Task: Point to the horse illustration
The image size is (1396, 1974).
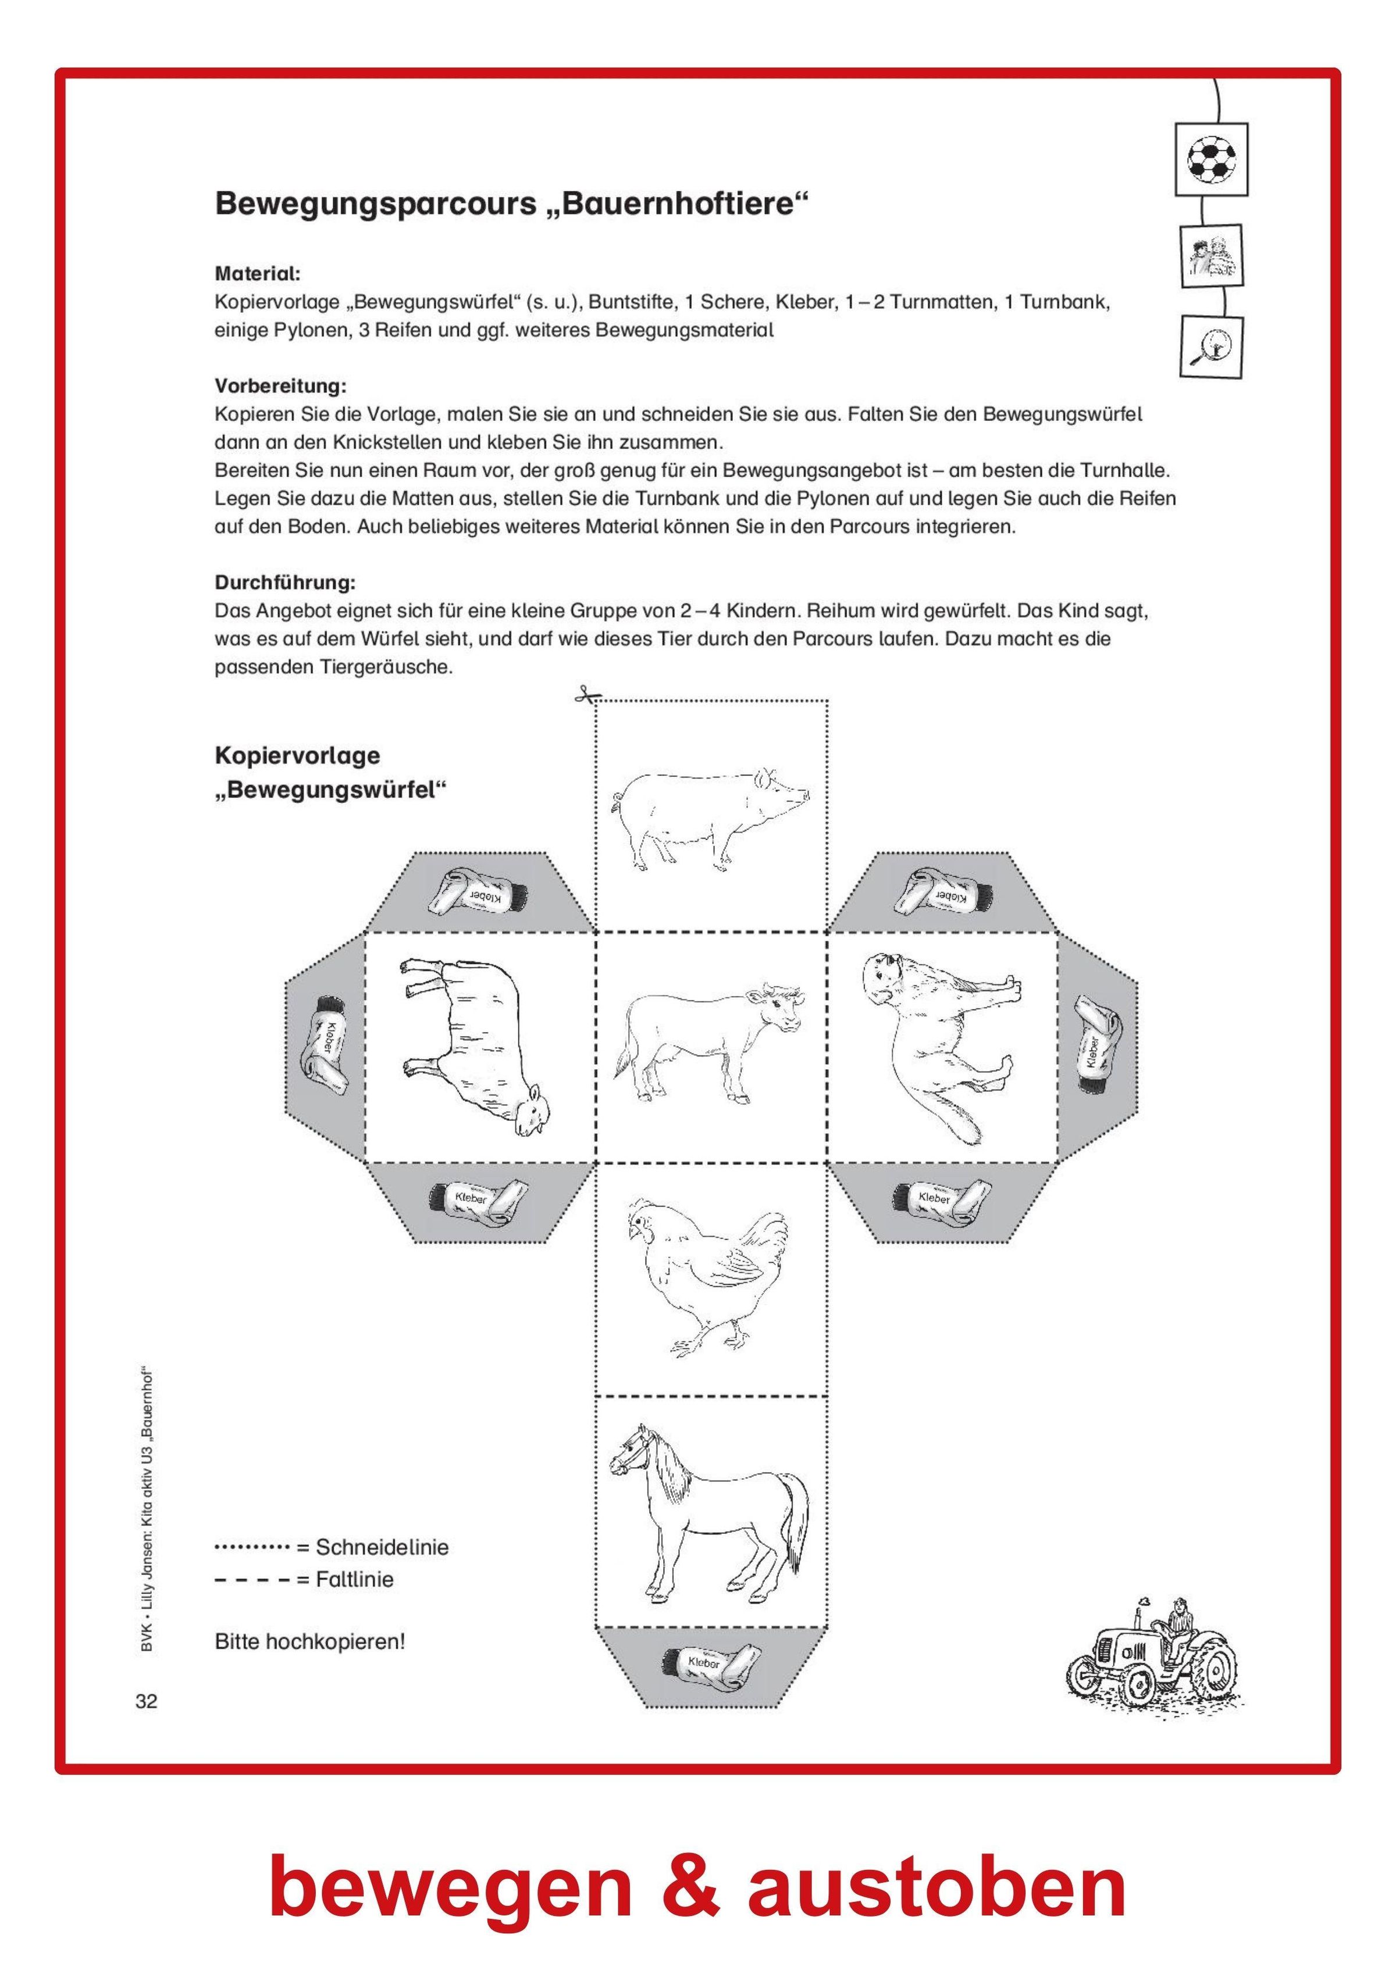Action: [710, 1511]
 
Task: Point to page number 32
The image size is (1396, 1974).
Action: [146, 1701]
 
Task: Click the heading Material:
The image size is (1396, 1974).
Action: [257, 274]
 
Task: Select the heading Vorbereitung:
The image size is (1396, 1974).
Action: [280, 385]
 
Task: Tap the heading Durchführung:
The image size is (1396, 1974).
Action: [284, 582]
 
